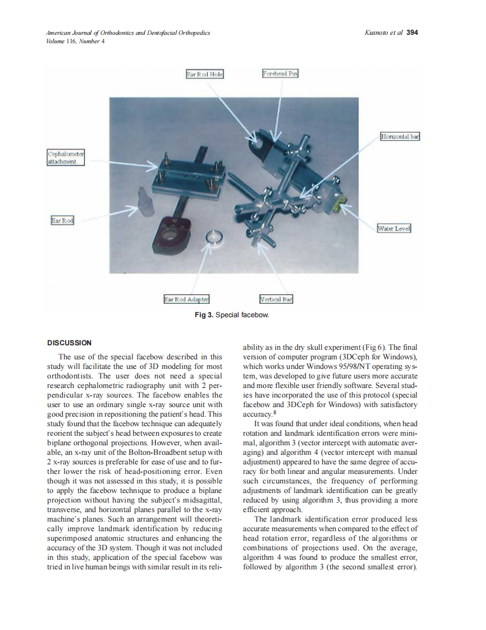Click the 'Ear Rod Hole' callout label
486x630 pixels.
pos(204,74)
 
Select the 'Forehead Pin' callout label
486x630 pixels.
pos(280,74)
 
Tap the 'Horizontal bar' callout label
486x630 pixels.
pos(400,136)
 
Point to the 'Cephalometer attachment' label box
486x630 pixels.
pos(65,157)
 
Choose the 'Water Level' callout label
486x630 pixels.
pos(394,229)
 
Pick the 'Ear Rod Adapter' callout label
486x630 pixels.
pos(186,299)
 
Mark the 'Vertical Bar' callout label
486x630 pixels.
pos(276,299)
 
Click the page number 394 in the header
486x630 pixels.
pos(412,33)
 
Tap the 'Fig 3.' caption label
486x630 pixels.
pos(204,315)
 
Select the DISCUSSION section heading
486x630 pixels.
pos(69,343)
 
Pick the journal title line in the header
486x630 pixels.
pos(128,33)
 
